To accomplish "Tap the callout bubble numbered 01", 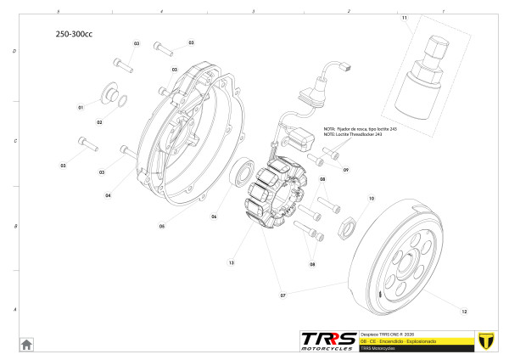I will point(81,108).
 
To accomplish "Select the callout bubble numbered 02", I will point(99,122).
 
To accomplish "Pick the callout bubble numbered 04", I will point(109,195).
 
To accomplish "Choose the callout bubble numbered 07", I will point(282,295).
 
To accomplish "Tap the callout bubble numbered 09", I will point(346,171).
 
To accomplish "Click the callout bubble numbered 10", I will point(371,199).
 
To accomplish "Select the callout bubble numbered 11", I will point(405,18).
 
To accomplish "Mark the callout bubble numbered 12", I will point(464,312).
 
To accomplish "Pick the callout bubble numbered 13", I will point(231,262).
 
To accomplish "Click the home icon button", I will point(26,344).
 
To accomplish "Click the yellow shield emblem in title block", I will point(485,340).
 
